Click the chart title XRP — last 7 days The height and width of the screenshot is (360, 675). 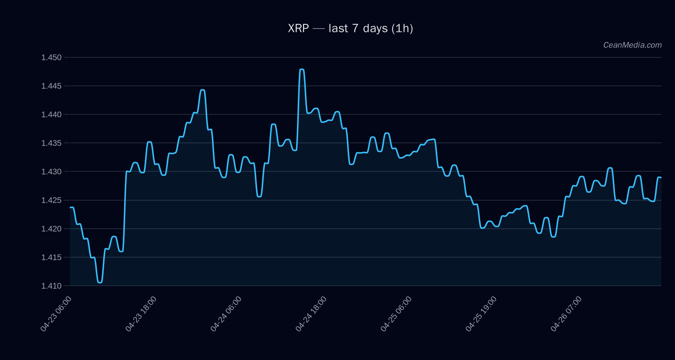tap(350, 28)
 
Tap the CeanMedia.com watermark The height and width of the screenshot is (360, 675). tap(632, 45)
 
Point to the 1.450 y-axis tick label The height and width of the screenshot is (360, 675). tap(51, 57)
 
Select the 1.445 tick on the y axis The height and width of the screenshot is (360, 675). tap(51, 86)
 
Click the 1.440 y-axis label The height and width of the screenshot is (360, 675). tap(51, 114)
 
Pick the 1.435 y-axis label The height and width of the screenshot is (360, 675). tap(51, 143)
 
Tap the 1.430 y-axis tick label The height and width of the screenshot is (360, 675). tap(51, 171)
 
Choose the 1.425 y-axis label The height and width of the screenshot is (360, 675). tap(51, 200)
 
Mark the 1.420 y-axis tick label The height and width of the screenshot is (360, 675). tap(51, 229)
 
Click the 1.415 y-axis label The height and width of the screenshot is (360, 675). tap(51, 257)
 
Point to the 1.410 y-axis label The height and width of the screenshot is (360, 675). tap(51, 286)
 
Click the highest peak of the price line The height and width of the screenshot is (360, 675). tap(302, 69)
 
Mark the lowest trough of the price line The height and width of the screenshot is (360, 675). tap(100, 282)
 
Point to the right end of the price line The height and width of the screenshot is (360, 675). tap(661, 177)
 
